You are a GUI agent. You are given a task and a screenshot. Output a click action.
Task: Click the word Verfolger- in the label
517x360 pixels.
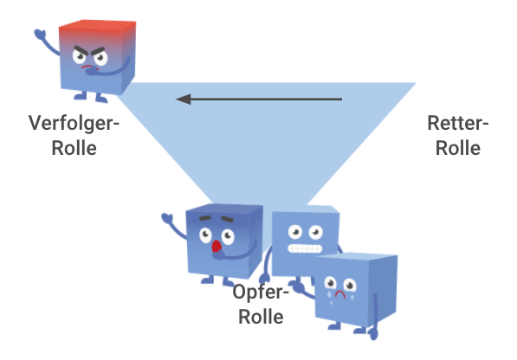(x=74, y=124)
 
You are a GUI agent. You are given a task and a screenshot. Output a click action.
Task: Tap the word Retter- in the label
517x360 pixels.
(x=457, y=123)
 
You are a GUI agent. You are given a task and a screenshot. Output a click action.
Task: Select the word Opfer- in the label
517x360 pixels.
(x=261, y=292)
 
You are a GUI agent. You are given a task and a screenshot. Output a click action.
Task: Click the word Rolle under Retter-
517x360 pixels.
(x=457, y=148)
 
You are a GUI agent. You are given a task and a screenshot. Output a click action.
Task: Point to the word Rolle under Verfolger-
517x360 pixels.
(x=74, y=148)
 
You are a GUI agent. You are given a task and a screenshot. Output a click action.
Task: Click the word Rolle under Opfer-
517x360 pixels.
(x=261, y=317)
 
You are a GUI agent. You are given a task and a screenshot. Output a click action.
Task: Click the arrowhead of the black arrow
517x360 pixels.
(x=184, y=99)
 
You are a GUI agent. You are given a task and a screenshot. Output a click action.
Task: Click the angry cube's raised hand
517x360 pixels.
(x=40, y=34)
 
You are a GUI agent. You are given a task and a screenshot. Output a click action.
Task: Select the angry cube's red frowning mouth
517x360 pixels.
(x=87, y=67)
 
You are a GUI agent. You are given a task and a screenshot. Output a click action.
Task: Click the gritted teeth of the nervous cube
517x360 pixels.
(x=305, y=248)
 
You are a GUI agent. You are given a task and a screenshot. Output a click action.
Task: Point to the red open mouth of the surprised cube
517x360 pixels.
(x=216, y=247)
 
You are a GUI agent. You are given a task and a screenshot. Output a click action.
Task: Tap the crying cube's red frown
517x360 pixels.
(x=340, y=293)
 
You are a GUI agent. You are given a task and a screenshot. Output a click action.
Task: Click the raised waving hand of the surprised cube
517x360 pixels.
(x=167, y=218)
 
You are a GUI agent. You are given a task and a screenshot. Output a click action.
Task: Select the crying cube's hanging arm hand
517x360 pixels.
(x=373, y=333)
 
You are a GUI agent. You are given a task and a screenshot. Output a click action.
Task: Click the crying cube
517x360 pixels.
(x=355, y=289)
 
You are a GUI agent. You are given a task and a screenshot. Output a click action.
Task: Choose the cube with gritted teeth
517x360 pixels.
(x=305, y=241)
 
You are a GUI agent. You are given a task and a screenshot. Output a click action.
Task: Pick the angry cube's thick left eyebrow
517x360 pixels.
(x=81, y=51)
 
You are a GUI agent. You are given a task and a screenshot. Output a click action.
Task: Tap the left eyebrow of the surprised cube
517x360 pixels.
(x=204, y=218)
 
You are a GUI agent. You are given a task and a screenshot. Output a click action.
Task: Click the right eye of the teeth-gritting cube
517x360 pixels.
(x=316, y=232)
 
